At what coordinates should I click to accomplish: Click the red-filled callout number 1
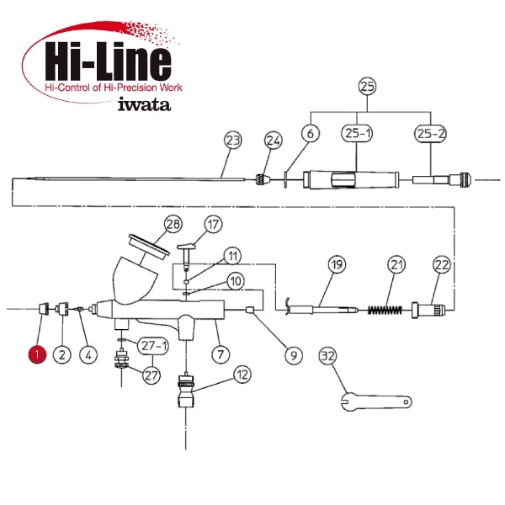[37, 354]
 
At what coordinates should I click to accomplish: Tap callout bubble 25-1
[357, 133]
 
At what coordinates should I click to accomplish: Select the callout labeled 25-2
[430, 133]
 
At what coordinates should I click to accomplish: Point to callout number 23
[233, 140]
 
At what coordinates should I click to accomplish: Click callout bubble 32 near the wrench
[328, 356]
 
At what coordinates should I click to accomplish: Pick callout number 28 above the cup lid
[173, 224]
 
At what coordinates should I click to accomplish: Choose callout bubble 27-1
[153, 346]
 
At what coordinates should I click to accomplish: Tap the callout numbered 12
[242, 375]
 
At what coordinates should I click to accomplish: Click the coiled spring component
[385, 310]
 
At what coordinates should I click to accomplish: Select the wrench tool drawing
[376, 401]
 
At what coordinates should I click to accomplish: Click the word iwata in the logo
[144, 104]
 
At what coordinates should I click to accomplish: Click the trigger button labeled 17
[186, 256]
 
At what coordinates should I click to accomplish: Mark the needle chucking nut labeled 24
[263, 179]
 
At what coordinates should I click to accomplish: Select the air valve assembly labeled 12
[186, 390]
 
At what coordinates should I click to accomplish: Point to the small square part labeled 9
[250, 310]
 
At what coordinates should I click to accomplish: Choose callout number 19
[337, 264]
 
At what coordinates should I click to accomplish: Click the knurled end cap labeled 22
[428, 311]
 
